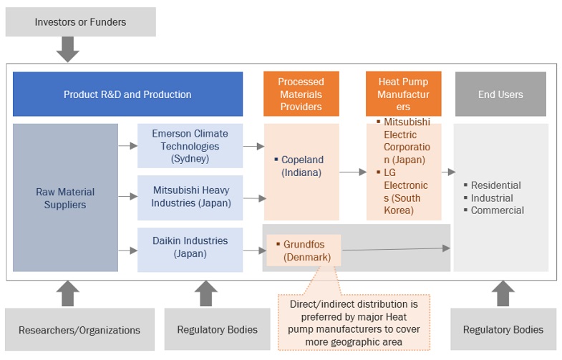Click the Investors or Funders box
coord(80,22)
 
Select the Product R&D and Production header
coord(127,94)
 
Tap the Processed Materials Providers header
coord(301,94)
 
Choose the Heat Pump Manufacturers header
coord(404,94)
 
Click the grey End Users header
coord(500,94)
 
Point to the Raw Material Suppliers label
coord(65,198)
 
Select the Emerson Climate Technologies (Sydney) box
coord(190,146)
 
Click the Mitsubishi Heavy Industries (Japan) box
coord(190,197)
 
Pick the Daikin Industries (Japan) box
coord(190,247)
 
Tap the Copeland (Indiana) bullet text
coord(302,166)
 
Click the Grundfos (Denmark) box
coord(304,250)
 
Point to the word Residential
coord(495,185)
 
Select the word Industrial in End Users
coord(492,198)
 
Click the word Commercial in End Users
coord(497,210)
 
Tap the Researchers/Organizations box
coord(79,329)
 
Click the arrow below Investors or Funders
coord(67,49)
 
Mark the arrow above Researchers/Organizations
coord(67,293)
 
